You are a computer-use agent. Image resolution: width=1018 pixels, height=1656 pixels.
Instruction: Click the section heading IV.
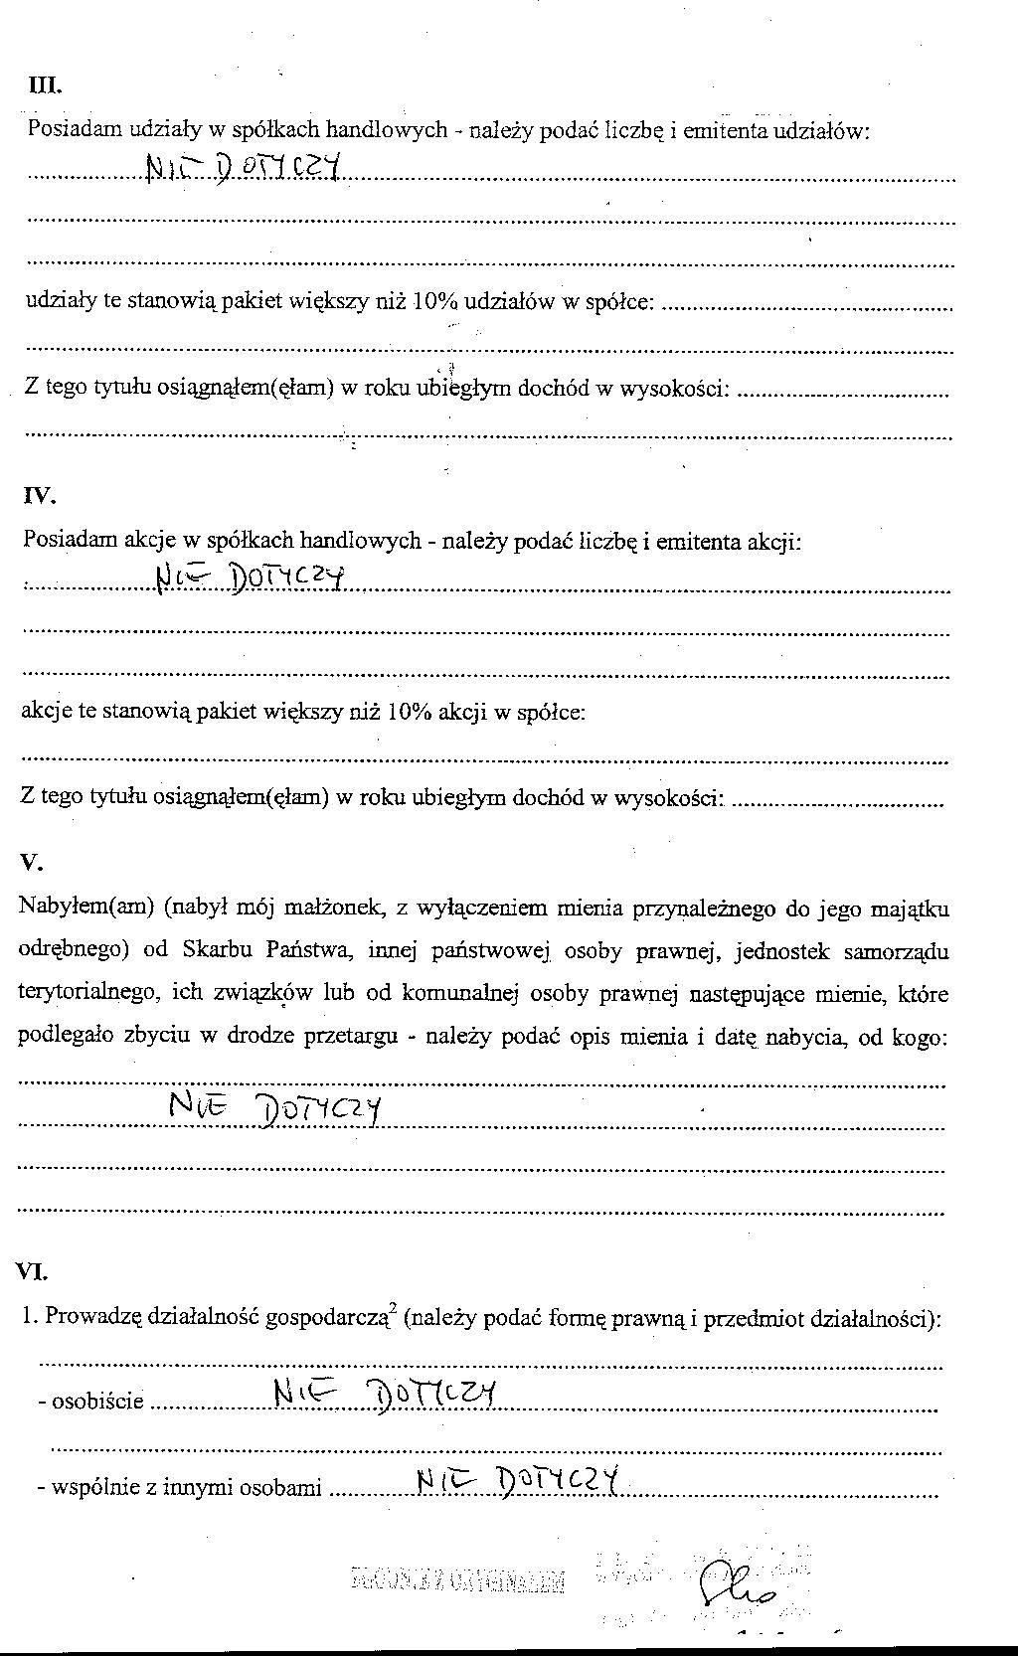tap(40, 496)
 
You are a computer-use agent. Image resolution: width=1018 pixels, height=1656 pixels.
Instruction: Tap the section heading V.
tap(31, 863)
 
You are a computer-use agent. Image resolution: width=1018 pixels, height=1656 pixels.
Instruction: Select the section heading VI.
tap(32, 1271)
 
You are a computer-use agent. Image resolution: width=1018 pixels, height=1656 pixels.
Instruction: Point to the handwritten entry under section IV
tap(250, 578)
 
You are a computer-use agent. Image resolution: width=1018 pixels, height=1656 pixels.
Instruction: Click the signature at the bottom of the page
tap(737, 1582)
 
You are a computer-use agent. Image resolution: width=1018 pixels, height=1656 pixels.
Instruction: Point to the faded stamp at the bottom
tap(458, 1580)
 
